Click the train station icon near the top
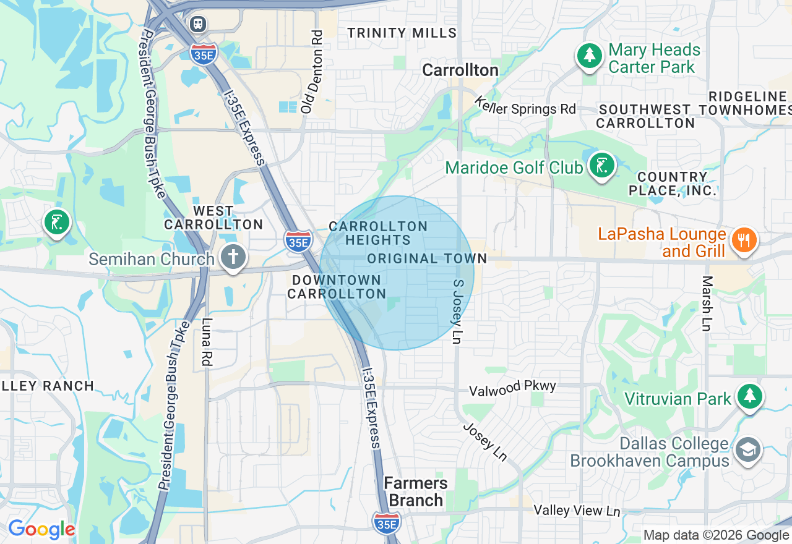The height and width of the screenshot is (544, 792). click(198, 23)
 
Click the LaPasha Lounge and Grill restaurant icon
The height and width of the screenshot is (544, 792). click(744, 240)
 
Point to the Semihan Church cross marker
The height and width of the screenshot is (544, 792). click(233, 257)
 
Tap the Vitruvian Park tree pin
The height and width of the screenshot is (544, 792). click(749, 396)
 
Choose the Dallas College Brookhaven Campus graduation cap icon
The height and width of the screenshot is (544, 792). click(747, 451)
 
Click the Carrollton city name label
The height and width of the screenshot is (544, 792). click(460, 70)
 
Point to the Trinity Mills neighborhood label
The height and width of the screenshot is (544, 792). click(402, 33)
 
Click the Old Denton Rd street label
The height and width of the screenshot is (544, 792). click(313, 72)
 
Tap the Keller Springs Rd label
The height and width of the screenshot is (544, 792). click(525, 106)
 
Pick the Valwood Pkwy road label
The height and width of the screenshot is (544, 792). click(512, 389)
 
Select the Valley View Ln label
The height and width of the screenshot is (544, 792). click(577, 511)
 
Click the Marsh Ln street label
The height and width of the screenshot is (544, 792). click(707, 304)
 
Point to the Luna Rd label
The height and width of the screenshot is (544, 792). click(207, 342)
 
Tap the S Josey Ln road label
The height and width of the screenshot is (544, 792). click(458, 312)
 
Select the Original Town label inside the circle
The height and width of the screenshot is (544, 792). click(427, 258)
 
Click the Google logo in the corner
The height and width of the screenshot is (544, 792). click(41, 529)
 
